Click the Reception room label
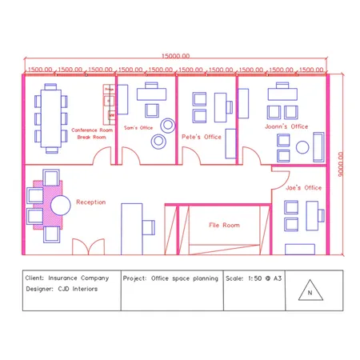pos(90,202)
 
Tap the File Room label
pos(225,226)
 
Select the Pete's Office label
pos(201,137)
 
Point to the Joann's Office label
pos(286,126)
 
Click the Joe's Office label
pos(303,187)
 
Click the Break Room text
pos(91,137)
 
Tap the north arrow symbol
pos(308,291)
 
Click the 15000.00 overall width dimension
pos(176,57)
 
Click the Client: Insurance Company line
pos(70,278)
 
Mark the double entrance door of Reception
pos(87,247)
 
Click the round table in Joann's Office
pos(302,148)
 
